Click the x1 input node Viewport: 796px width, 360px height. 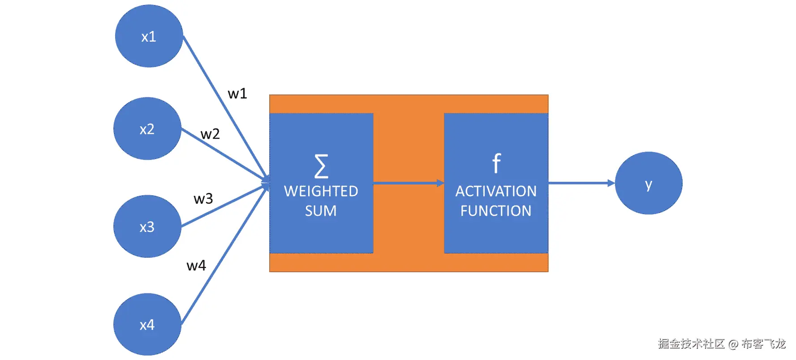click(149, 36)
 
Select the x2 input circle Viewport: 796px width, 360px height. click(147, 129)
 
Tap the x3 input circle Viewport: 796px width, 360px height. click(147, 226)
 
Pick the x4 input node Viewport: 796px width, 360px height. click(147, 324)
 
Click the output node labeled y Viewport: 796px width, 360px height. click(649, 183)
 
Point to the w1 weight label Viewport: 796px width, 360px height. click(237, 94)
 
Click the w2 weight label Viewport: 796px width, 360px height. click(210, 134)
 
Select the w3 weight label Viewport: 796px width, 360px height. click(203, 199)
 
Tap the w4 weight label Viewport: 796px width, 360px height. click(196, 266)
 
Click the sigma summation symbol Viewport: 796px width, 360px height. click(321, 166)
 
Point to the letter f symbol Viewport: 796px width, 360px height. click(496, 163)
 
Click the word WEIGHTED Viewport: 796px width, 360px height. click(321, 191)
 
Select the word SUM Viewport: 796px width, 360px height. click(321, 211)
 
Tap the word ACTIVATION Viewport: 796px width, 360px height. click(496, 191)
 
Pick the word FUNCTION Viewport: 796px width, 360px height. click(496, 211)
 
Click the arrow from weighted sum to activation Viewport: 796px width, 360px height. click(409, 183)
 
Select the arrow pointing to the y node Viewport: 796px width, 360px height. click(581, 183)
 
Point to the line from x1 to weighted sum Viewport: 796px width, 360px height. click(227, 109)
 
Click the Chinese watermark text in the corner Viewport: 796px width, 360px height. click(722, 344)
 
